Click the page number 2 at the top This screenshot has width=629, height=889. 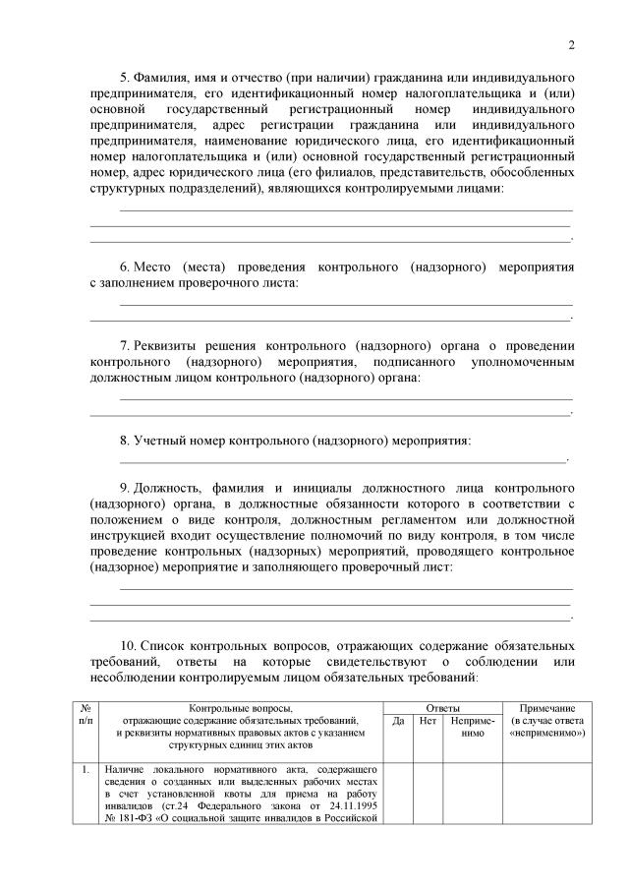click(x=571, y=43)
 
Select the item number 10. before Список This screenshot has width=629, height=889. click(x=131, y=646)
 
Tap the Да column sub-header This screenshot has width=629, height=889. click(x=398, y=721)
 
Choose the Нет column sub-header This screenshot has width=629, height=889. click(x=428, y=721)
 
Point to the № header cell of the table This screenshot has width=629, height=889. click(x=85, y=708)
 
